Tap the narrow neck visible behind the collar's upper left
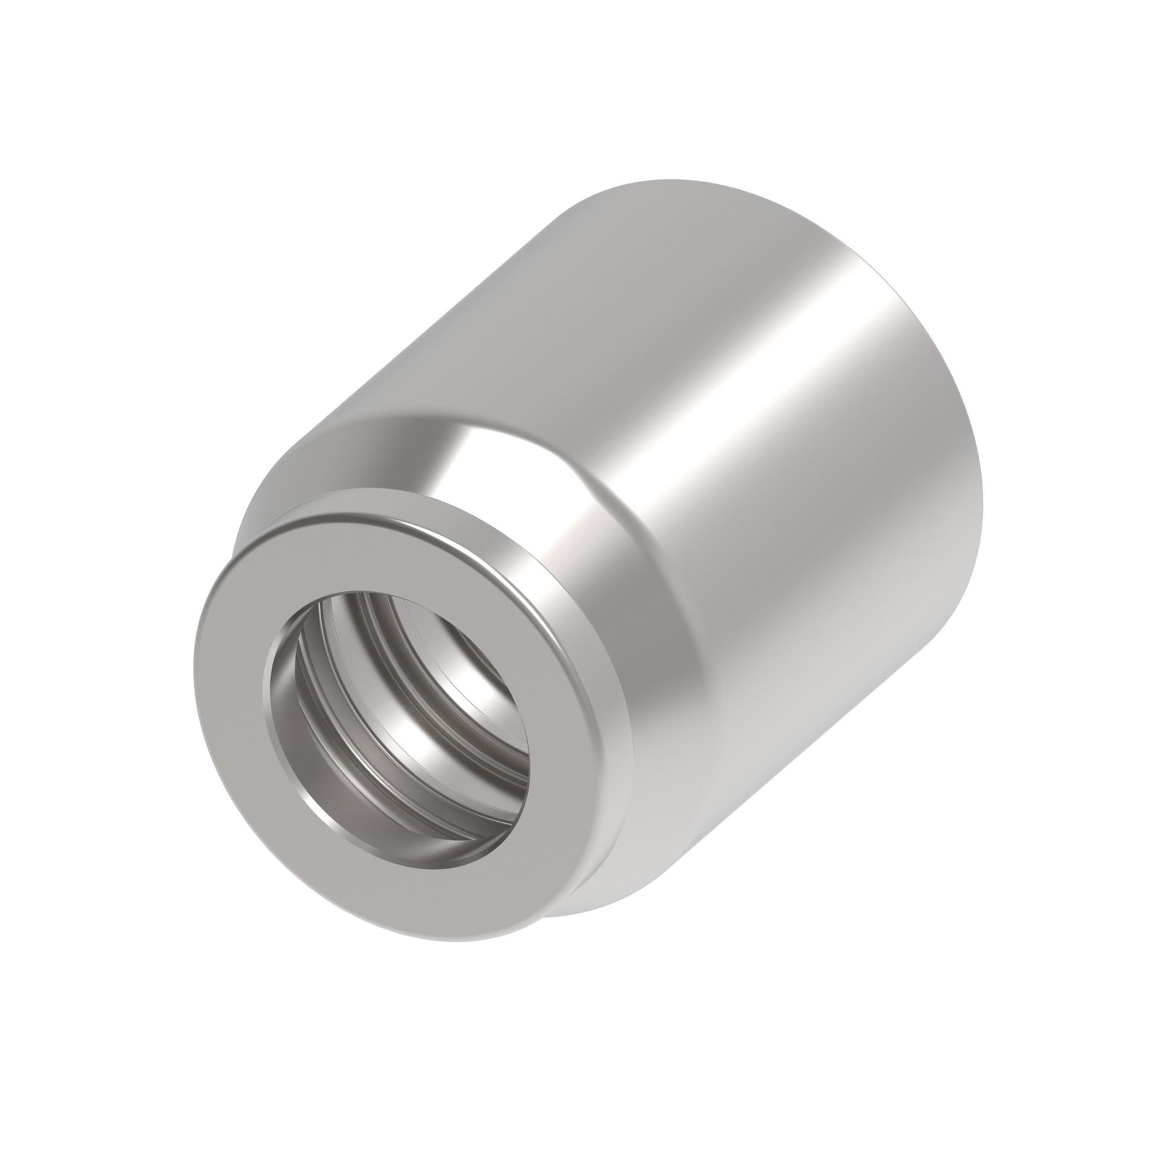coord(253,517)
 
